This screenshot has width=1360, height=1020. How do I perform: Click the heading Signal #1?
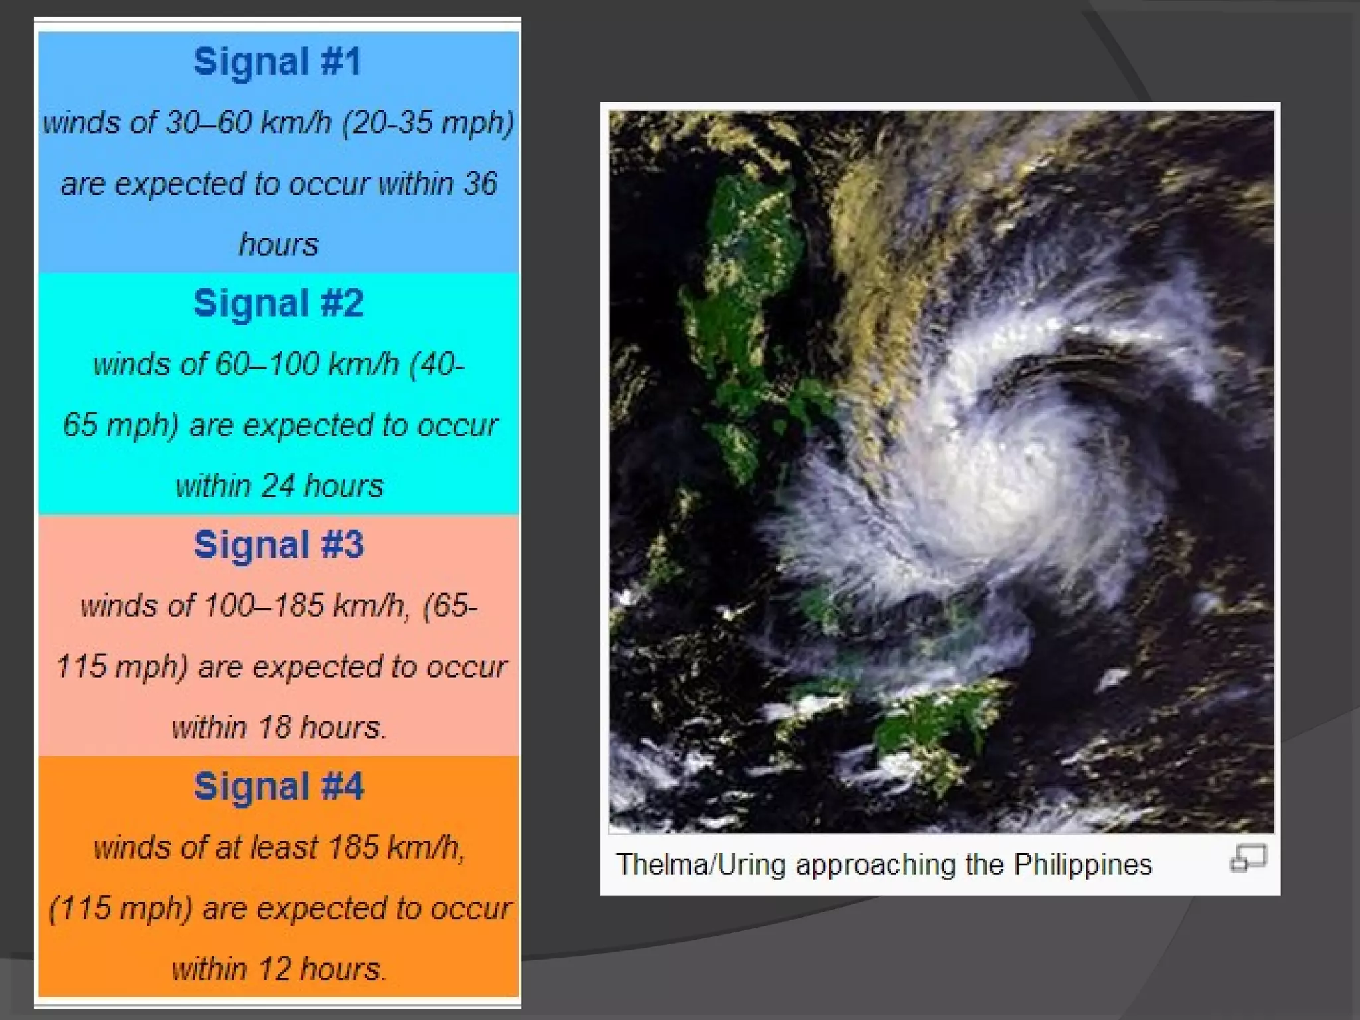[278, 62]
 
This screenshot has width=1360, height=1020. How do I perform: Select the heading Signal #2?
[278, 303]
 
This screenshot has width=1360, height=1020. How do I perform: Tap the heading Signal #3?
[278, 545]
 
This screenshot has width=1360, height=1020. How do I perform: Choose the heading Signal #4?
[278, 787]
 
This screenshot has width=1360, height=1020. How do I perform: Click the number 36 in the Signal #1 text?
[480, 183]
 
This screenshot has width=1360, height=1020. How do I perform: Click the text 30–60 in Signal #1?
[209, 123]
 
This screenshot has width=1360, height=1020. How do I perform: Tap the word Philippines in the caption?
[1083, 865]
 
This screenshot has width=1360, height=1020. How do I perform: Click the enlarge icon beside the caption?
[1248, 857]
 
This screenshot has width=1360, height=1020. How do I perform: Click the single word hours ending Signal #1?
[278, 244]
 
